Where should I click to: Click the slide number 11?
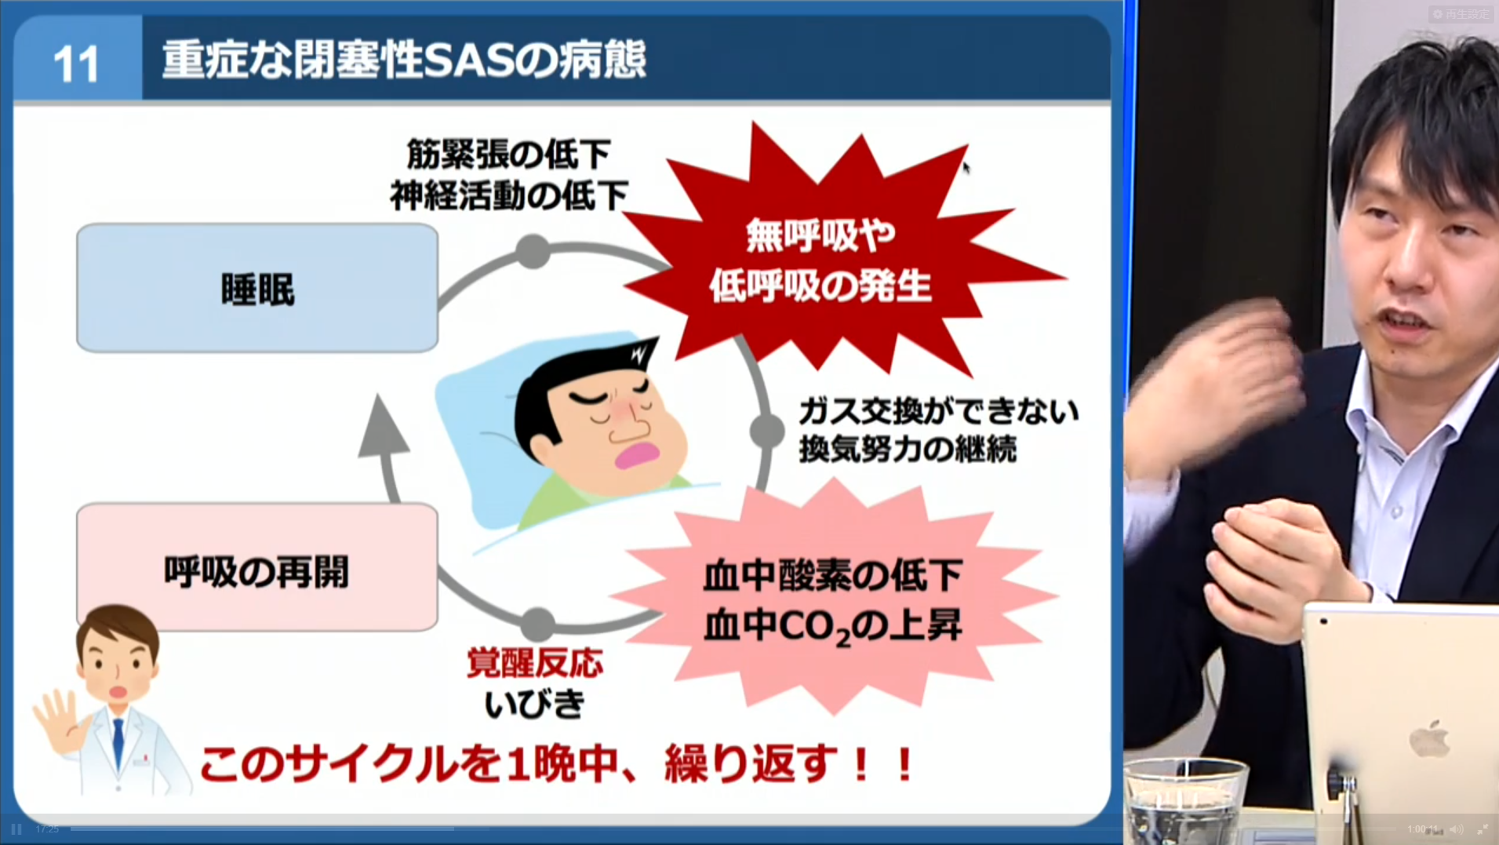pyautogui.click(x=77, y=64)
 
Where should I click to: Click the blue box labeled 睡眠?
pyautogui.click(x=257, y=288)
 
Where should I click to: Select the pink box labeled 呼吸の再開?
pyautogui.click(x=257, y=566)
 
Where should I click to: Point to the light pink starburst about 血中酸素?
pyautogui.click(x=833, y=600)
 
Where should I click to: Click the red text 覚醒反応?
pyautogui.click(x=535, y=663)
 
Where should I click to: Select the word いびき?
pyautogui.click(x=535, y=703)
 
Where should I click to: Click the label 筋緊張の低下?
pyautogui.click(x=508, y=154)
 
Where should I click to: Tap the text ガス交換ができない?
pyautogui.click(x=939, y=410)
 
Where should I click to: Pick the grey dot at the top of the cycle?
pyautogui.click(x=533, y=252)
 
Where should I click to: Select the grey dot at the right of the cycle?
pyautogui.click(x=766, y=430)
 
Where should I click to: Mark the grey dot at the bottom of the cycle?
pyautogui.click(x=538, y=625)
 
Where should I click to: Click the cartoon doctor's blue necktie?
pyautogui.click(x=118, y=742)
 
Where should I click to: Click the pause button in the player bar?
pyautogui.click(x=16, y=829)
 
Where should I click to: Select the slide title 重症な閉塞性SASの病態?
pyautogui.click(x=404, y=60)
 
